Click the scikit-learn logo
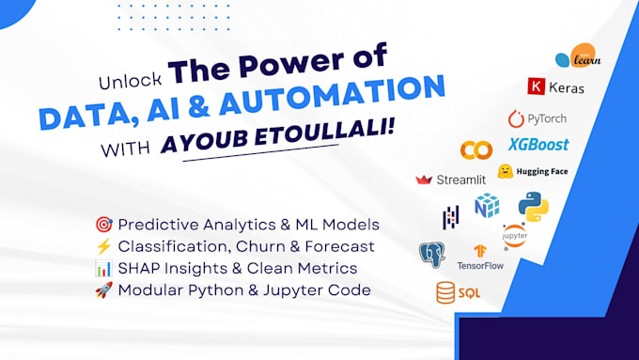(x=578, y=56)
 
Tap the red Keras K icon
(x=536, y=86)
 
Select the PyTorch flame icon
(x=516, y=118)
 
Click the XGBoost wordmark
(x=538, y=145)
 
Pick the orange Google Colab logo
(x=476, y=150)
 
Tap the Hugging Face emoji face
(x=506, y=171)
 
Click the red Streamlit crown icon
(x=424, y=180)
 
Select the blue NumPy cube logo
(x=487, y=206)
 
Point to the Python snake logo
(x=534, y=207)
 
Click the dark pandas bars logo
(x=451, y=217)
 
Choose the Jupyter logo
(x=515, y=236)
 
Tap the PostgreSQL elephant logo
(x=432, y=255)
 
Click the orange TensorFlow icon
(x=480, y=251)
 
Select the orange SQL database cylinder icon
(x=445, y=292)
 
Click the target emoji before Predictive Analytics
(x=104, y=225)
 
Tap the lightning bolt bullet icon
(x=103, y=246)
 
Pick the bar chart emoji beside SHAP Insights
(x=103, y=268)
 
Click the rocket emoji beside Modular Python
(x=103, y=290)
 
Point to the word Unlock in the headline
(x=131, y=81)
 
